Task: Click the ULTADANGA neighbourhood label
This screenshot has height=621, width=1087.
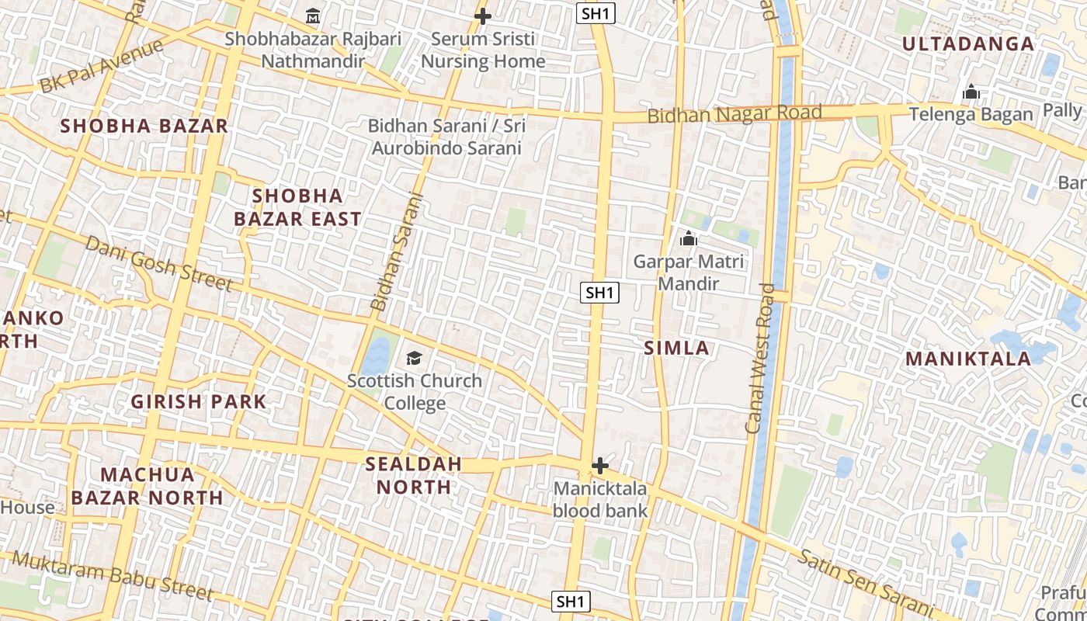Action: pyautogui.click(x=968, y=43)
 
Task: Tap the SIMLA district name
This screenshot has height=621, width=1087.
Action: pyautogui.click(x=676, y=349)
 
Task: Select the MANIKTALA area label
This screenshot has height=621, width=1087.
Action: pyautogui.click(x=968, y=359)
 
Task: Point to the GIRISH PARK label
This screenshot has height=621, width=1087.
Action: pyautogui.click(x=199, y=401)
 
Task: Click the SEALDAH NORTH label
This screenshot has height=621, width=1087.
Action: pyautogui.click(x=413, y=475)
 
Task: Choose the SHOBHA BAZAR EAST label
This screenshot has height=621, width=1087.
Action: pyautogui.click(x=297, y=207)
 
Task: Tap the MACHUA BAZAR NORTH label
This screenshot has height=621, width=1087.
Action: pyautogui.click(x=147, y=486)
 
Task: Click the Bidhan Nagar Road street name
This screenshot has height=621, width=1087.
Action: pyautogui.click(x=735, y=114)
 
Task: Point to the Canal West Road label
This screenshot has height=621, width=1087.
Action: pyautogui.click(x=760, y=358)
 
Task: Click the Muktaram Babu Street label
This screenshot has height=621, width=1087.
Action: pyautogui.click(x=112, y=575)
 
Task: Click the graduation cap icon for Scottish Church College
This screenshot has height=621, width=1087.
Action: pyautogui.click(x=414, y=358)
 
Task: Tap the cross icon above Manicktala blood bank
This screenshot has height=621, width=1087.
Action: pyautogui.click(x=599, y=466)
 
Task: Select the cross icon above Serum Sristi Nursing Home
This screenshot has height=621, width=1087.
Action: pyautogui.click(x=482, y=16)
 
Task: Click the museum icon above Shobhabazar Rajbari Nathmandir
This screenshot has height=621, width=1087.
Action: pyautogui.click(x=313, y=16)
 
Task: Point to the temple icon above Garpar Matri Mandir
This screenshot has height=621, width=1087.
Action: pyautogui.click(x=688, y=239)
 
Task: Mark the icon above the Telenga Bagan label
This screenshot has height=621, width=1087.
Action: pyautogui.click(x=971, y=93)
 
